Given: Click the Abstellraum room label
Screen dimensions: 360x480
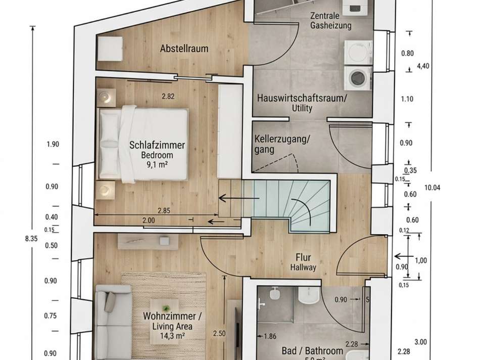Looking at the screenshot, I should (x=184, y=49).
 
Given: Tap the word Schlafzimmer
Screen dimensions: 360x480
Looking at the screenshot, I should (x=157, y=145).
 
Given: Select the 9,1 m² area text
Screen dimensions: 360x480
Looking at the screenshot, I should (x=157, y=164).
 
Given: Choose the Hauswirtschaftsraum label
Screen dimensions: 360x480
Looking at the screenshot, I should (x=302, y=98).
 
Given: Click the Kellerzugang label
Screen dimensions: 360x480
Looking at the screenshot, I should (x=282, y=138).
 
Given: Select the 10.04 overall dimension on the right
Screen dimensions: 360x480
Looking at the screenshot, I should (x=433, y=187).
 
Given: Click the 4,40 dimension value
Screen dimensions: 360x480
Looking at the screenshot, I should (x=423, y=65).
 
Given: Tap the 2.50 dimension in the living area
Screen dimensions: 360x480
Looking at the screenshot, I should (x=219, y=333).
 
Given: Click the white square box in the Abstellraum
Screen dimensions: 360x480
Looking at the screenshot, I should (x=110, y=49).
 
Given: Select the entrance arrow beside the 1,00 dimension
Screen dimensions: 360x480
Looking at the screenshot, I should (x=400, y=256).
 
